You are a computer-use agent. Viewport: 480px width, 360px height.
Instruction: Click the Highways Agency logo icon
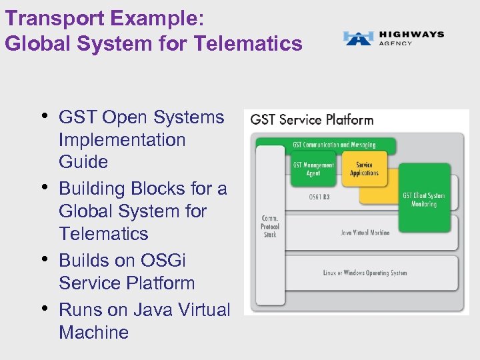[358, 38]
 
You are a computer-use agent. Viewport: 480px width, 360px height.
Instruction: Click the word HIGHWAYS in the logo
[411, 34]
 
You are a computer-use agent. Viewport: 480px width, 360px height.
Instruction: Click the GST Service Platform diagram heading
[312, 120]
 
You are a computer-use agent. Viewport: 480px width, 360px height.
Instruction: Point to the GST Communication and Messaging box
[334, 145]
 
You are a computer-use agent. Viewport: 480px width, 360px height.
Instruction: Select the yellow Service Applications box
[364, 169]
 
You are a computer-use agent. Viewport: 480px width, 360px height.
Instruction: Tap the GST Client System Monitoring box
[423, 199]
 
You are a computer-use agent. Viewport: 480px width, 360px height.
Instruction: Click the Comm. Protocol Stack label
[270, 225]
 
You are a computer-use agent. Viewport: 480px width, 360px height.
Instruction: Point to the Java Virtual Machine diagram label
[365, 233]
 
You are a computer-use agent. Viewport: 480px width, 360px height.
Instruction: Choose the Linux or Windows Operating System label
[365, 273]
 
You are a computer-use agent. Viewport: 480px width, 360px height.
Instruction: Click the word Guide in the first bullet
[83, 162]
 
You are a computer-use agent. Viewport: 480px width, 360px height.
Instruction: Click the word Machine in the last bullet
[93, 332]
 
